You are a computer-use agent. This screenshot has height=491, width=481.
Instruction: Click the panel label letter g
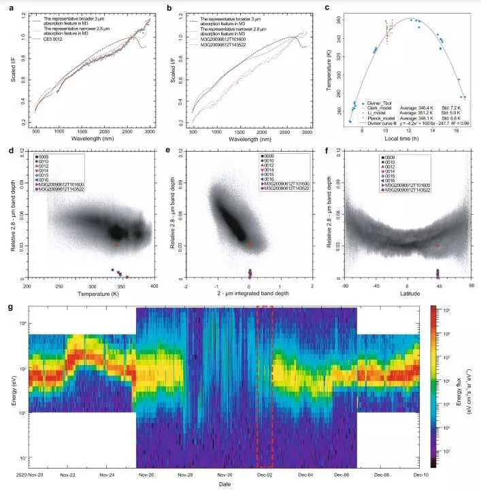[x=8, y=307]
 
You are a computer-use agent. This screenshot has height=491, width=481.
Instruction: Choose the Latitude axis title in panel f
[x=407, y=292]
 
